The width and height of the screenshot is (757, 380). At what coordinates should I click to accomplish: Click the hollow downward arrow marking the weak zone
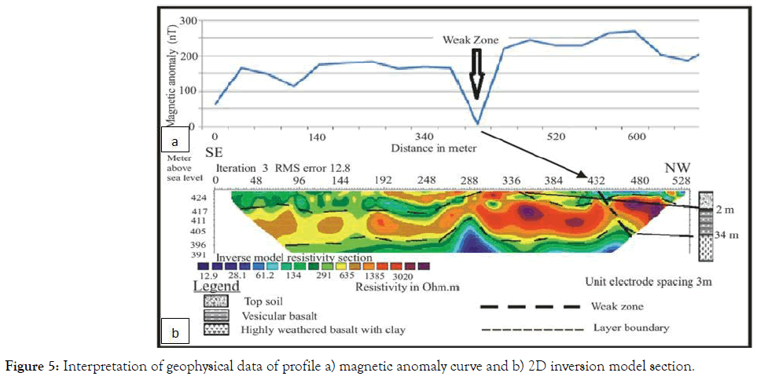476,75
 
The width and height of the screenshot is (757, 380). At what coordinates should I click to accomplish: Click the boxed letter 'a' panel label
175,141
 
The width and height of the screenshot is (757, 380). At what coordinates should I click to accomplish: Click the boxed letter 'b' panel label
175,334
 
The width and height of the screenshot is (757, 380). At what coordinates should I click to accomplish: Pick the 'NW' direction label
678,167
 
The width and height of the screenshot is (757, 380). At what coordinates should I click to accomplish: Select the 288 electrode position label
471,181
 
